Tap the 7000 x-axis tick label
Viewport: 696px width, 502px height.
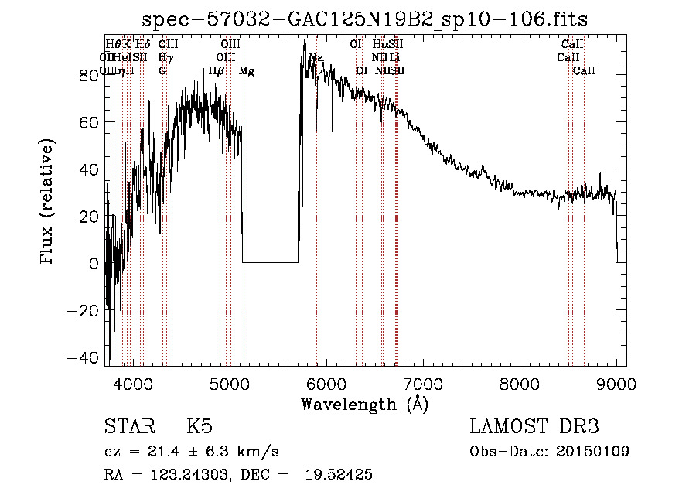[x=423, y=383]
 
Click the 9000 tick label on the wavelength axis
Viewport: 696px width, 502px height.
[x=616, y=383]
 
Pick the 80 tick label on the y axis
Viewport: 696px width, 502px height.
[x=89, y=75]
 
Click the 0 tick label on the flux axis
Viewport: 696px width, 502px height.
[x=94, y=264]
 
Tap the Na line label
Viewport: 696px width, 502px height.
[x=316, y=58]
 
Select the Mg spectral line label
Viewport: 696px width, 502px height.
[x=247, y=71]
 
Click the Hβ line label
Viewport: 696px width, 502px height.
[x=217, y=71]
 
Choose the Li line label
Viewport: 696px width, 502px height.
[x=394, y=58]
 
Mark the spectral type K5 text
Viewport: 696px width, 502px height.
[x=200, y=427]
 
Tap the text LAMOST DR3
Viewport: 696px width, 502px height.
[x=534, y=427]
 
